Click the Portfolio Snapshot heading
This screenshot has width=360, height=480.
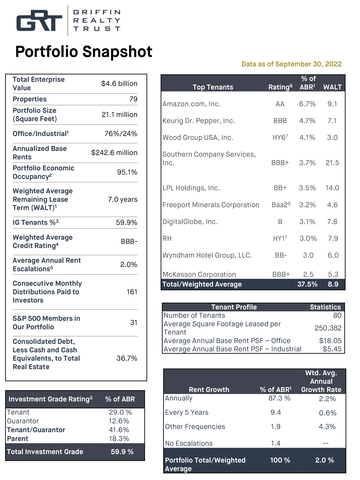(x=77, y=51)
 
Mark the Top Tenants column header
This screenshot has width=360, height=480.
(x=212, y=87)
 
